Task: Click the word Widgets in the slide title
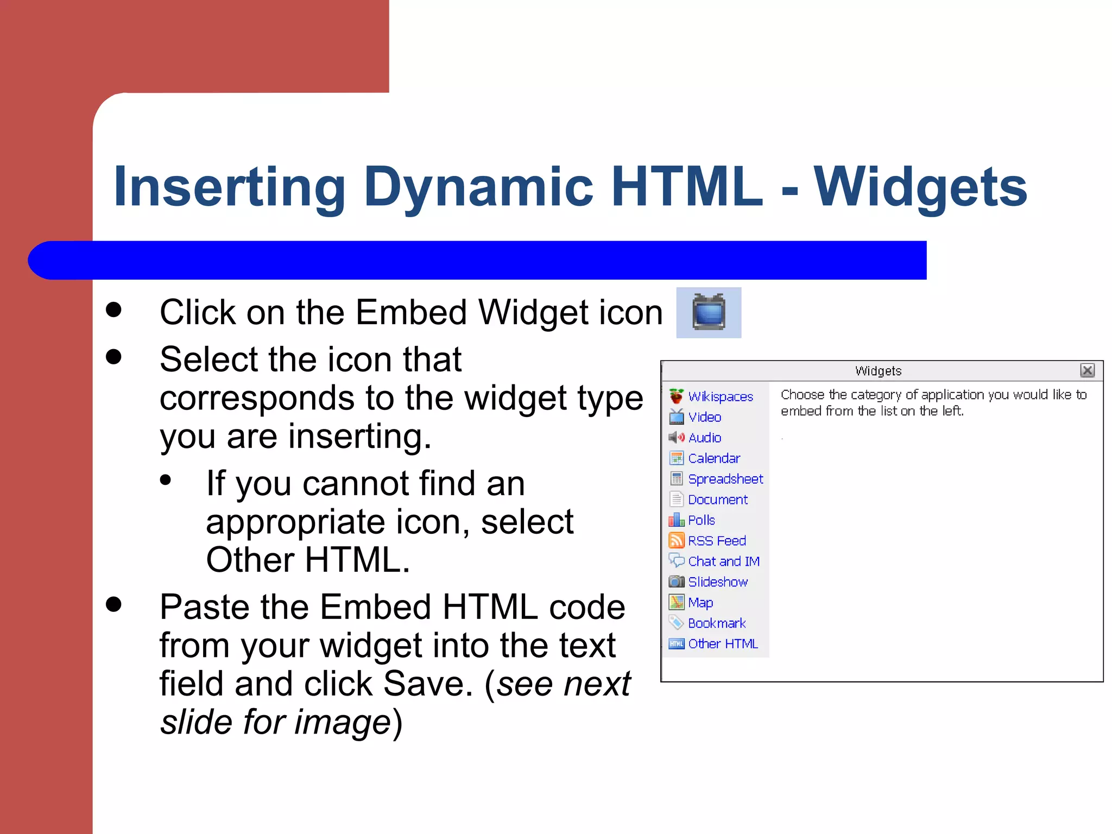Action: [x=920, y=187]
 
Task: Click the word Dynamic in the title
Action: [x=478, y=187]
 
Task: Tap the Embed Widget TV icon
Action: [x=709, y=312]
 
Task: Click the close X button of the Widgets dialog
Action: [x=1087, y=370]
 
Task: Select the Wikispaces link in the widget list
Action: [x=720, y=397]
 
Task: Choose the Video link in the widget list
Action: [x=704, y=417]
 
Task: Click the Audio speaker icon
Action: [x=676, y=438]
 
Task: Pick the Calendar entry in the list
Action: [x=713, y=458]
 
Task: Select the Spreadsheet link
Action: [x=725, y=479]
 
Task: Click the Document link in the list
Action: [x=717, y=500]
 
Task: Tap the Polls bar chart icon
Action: [x=676, y=520]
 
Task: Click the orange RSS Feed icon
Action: [x=676, y=540]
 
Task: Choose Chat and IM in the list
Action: [x=723, y=561]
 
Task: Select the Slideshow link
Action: [x=717, y=582]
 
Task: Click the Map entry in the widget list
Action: [x=700, y=603]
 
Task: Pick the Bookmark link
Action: [x=716, y=623]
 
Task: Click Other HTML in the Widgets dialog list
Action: [x=722, y=644]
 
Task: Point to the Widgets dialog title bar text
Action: [x=878, y=371]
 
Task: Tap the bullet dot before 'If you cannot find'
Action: [x=166, y=480]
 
